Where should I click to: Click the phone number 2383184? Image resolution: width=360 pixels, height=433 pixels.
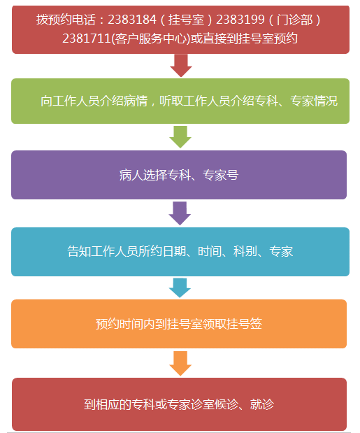[x=132, y=20]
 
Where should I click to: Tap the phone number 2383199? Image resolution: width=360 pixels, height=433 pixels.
[x=240, y=20]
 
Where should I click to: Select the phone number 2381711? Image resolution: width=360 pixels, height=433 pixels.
[x=87, y=38]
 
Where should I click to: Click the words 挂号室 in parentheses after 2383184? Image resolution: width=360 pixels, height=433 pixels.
[x=186, y=20]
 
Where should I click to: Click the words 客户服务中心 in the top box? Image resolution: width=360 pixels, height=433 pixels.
[x=150, y=38]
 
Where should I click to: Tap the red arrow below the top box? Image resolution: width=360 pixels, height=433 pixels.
[x=181, y=66]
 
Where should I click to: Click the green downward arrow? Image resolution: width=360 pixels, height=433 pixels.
[x=180, y=137]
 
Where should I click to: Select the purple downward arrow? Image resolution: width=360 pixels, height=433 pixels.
[x=180, y=213]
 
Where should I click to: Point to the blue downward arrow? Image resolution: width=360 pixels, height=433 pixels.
[x=180, y=288]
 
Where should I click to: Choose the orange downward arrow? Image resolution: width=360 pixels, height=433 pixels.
[x=180, y=364]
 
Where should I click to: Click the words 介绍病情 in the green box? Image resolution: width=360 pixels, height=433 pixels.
[x=124, y=101]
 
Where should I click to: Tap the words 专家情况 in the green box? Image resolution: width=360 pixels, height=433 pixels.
[x=314, y=101]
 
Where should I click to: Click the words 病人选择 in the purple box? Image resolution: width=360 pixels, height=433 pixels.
[x=143, y=175]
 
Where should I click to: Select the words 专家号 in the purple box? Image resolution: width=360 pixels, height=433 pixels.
[x=221, y=175]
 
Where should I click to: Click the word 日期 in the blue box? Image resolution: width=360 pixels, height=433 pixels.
[x=175, y=251]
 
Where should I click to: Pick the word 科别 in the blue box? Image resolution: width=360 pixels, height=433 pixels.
[x=245, y=251]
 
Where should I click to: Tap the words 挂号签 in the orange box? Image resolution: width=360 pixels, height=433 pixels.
[x=245, y=324]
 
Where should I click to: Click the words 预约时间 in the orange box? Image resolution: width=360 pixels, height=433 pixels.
[x=120, y=324]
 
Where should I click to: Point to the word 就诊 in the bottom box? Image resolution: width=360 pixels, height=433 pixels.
[x=262, y=404]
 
